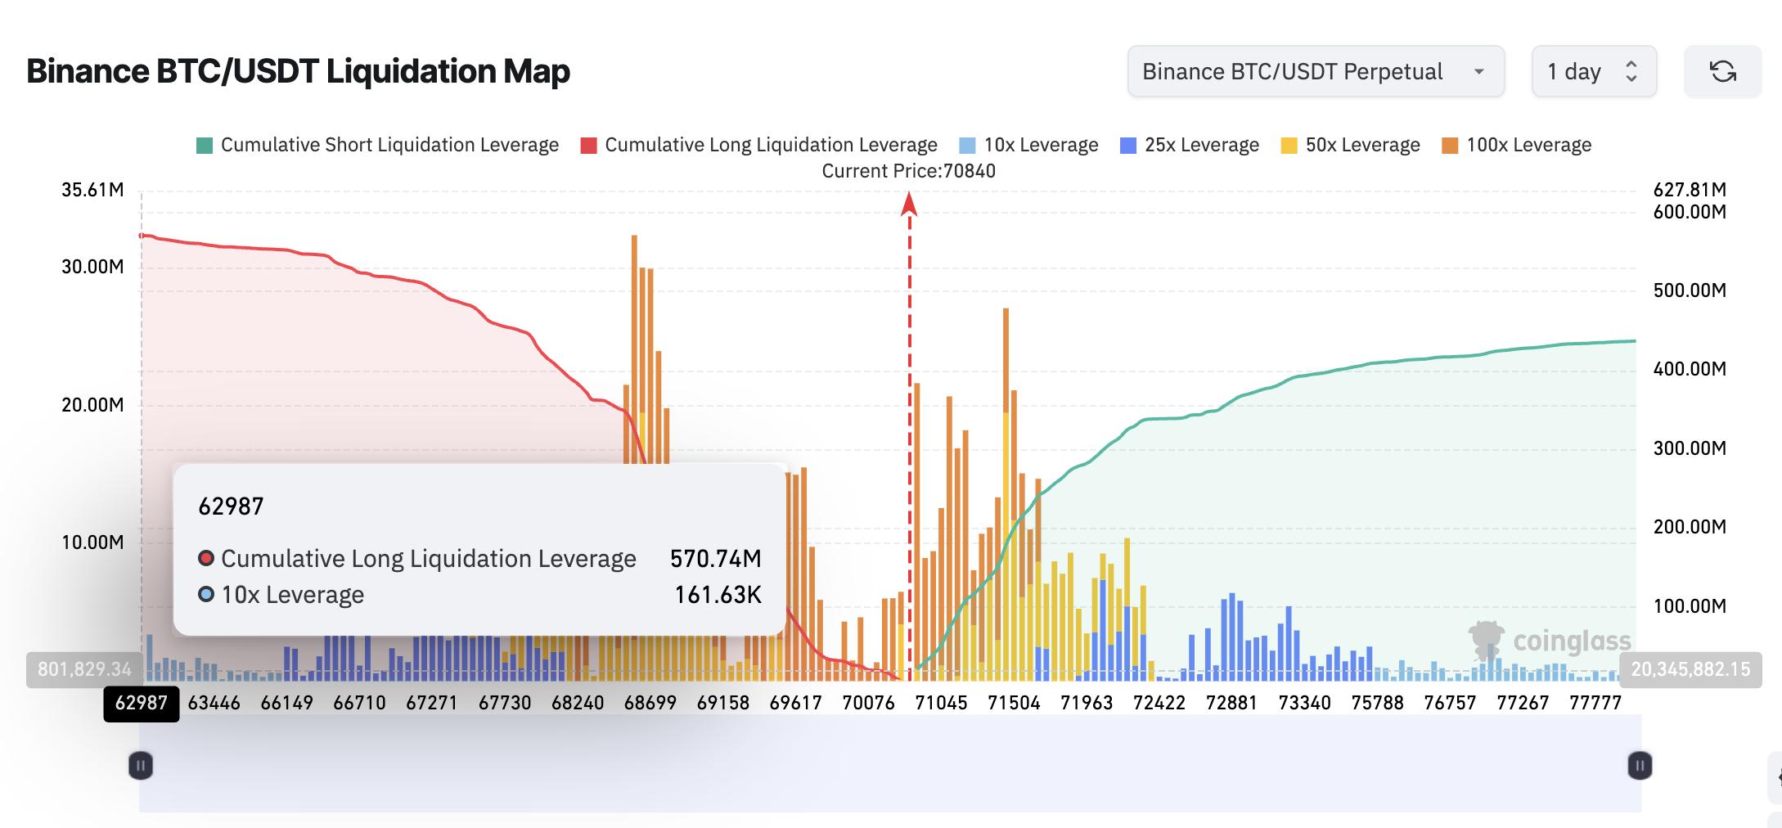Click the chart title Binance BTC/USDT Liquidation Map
click(298, 71)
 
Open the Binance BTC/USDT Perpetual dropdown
click(1315, 72)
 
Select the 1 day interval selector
click(1593, 72)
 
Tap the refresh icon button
click(1722, 72)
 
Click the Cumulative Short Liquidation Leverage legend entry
click(377, 145)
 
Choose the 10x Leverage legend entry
click(1028, 145)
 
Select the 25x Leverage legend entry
click(1190, 145)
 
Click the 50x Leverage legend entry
click(1350, 145)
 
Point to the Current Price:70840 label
click(908, 171)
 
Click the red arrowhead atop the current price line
click(909, 204)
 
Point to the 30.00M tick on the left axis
click(92, 267)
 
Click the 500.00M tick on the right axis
click(1690, 290)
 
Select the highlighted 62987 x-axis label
click(141, 703)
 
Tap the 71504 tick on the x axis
click(1014, 703)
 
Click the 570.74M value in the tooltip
click(715, 559)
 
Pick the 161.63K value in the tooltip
click(718, 595)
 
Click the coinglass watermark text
click(1572, 641)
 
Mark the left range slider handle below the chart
click(141, 766)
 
